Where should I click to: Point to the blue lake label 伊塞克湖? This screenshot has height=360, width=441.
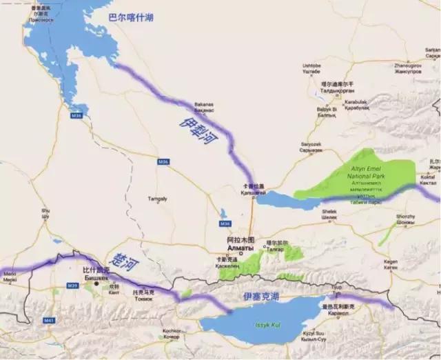pos(260,296)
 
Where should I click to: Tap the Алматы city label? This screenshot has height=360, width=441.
pos(240,248)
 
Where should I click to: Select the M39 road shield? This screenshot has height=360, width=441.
pos(73,285)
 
